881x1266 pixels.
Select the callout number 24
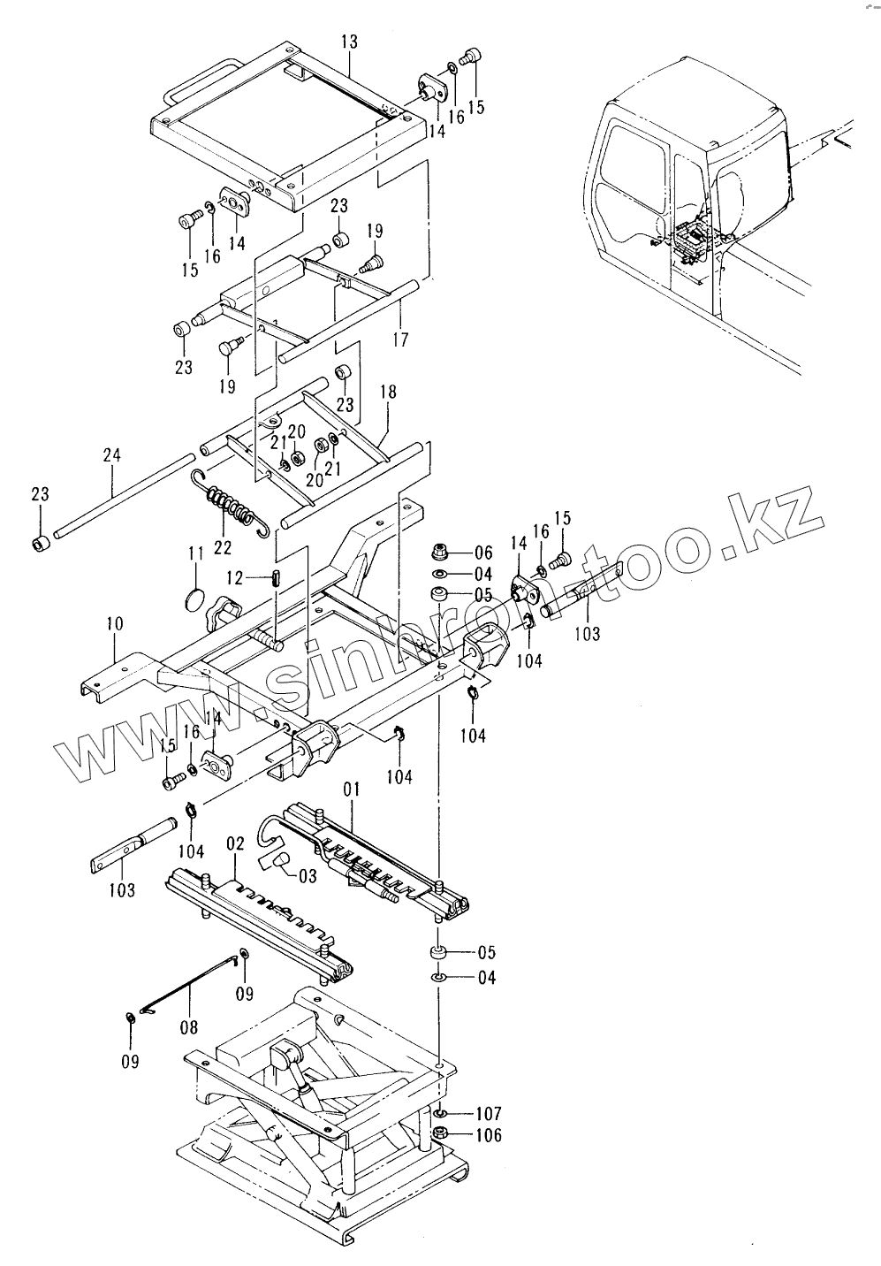111,456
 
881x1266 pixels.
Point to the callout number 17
400,339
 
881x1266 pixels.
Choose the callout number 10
115,624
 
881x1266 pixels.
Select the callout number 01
353,787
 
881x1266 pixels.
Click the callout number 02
234,844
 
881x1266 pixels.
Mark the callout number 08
188,1026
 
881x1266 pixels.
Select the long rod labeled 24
124,495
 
